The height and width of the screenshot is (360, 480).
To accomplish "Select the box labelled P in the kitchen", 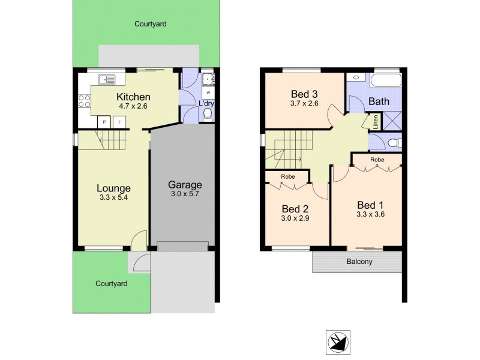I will click(104, 122).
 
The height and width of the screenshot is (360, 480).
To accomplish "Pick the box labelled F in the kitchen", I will click(120, 122).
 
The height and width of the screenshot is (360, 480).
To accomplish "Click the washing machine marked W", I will click(208, 93).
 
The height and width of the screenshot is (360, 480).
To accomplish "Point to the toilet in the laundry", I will click(208, 114).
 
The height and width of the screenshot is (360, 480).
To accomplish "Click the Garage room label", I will click(184, 185).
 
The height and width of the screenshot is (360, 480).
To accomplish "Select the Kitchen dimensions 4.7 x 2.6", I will click(133, 106).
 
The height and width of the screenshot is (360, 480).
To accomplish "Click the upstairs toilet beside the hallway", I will click(393, 143).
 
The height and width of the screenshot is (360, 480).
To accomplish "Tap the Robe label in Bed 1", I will click(377, 160).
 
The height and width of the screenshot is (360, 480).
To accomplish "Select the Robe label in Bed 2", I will click(288, 177).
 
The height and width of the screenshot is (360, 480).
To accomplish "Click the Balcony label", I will click(358, 262).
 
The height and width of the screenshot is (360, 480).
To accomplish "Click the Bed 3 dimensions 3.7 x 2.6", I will click(304, 103).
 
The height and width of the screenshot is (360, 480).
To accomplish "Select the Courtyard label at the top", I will click(150, 25).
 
